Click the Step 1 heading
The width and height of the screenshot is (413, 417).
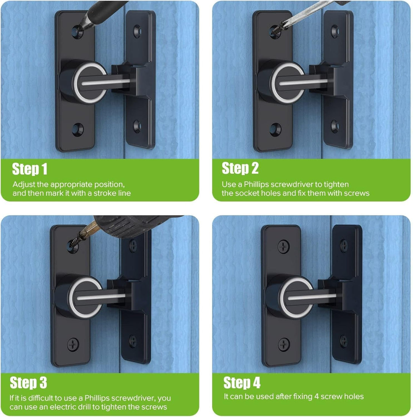[30, 169]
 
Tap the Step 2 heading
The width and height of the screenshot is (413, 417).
[240, 168]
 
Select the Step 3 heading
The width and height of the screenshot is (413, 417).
[28, 383]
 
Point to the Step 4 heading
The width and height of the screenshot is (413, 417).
[242, 383]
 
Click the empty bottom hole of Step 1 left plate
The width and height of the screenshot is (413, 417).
[77, 129]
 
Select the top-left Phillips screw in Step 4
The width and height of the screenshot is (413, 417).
[283, 246]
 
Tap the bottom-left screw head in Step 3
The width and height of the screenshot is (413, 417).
[73, 344]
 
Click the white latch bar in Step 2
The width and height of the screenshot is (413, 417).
[303, 82]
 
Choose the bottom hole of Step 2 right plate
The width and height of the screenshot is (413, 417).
[335, 126]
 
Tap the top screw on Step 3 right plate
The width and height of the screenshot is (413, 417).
[133, 245]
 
